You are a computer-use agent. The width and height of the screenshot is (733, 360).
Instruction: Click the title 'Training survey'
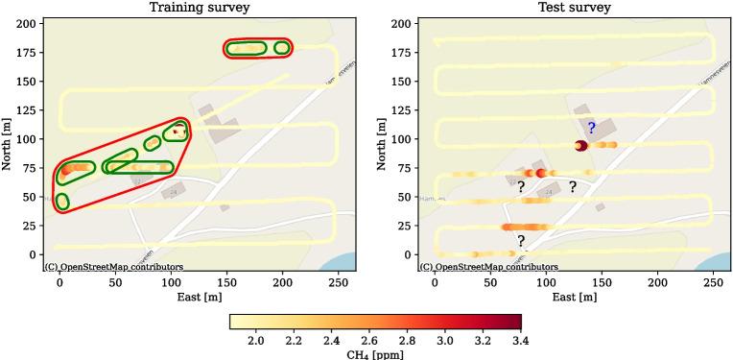tap(200, 8)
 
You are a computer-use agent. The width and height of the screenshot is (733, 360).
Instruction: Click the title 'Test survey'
tap(574, 8)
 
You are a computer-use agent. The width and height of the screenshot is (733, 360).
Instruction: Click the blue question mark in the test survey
tap(592, 128)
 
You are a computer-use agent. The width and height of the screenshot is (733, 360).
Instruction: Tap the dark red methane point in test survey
tap(580, 146)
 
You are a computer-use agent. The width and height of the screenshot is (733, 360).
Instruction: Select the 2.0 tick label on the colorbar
tap(256, 341)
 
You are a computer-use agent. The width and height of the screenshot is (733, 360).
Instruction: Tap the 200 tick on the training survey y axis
tap(29, 23)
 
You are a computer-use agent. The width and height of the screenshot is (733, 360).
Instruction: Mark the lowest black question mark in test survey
tap(521, 241)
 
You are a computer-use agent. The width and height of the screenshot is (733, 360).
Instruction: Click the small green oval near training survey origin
tap(62, 201)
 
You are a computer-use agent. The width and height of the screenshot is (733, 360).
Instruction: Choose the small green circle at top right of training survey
tap(282, 48)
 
